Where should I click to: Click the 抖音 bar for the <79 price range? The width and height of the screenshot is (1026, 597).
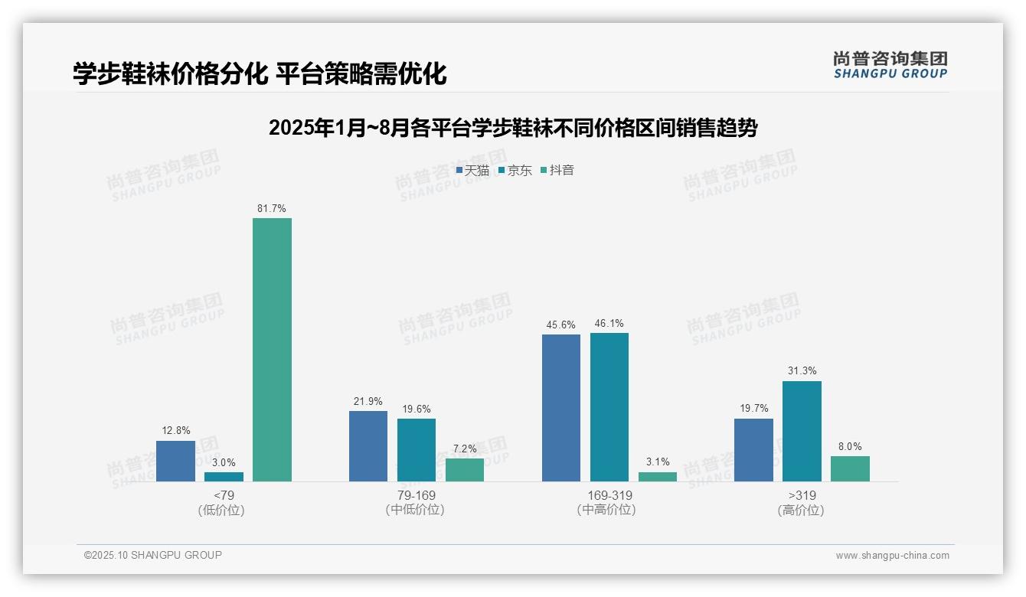(272, 350)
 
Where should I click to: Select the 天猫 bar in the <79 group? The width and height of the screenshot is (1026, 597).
(175, 461)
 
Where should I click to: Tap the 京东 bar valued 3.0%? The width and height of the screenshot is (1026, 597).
(224, 477)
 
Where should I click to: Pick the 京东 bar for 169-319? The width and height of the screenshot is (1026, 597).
(609, 407)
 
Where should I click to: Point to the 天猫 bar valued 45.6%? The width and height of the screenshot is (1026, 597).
(561, 408)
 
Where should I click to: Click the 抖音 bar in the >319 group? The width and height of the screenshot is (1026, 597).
(850, 468)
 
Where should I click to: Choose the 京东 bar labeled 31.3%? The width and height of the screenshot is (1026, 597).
(802, 431)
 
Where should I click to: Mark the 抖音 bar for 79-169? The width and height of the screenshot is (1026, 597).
(465, 470)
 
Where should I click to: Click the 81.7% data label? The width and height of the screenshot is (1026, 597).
(272, 208)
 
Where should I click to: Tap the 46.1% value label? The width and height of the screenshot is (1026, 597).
(609, 323)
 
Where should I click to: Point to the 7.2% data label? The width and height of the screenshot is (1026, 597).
(465, 449)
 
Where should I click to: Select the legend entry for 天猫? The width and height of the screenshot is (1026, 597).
(472, 171)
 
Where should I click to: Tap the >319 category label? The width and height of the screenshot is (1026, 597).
(802, 495)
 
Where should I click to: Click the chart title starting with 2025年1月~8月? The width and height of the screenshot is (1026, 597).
(513, 128)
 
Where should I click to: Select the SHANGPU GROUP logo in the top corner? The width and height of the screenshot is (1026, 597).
(890, 65)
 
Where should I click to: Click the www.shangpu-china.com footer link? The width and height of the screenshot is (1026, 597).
(892, 556)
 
